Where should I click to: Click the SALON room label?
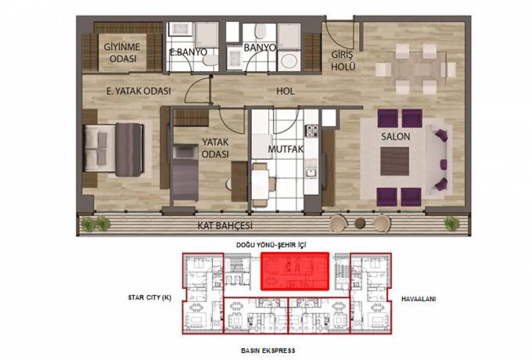[396, 136]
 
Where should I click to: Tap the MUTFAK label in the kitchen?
[286, 149]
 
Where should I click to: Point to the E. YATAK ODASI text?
[139, 91]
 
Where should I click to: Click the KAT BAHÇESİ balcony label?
[225, 226]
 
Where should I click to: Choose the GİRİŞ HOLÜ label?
[343, 61]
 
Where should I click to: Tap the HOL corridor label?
[285, 91]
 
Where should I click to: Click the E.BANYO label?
[188, 52]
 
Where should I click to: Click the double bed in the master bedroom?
[114, 150]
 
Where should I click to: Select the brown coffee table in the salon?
[394, 161]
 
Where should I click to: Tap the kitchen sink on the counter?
[311, 172]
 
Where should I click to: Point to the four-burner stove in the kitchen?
[312, 131]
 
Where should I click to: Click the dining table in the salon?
[416, 70]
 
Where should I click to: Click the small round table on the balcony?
[360, 223]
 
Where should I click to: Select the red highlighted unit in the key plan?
[295, 271]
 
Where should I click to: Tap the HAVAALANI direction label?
[418, 299]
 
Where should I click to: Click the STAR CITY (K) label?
[150, 297]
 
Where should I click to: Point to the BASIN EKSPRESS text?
[268, 351]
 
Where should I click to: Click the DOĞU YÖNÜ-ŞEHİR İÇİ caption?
[271, 245]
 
